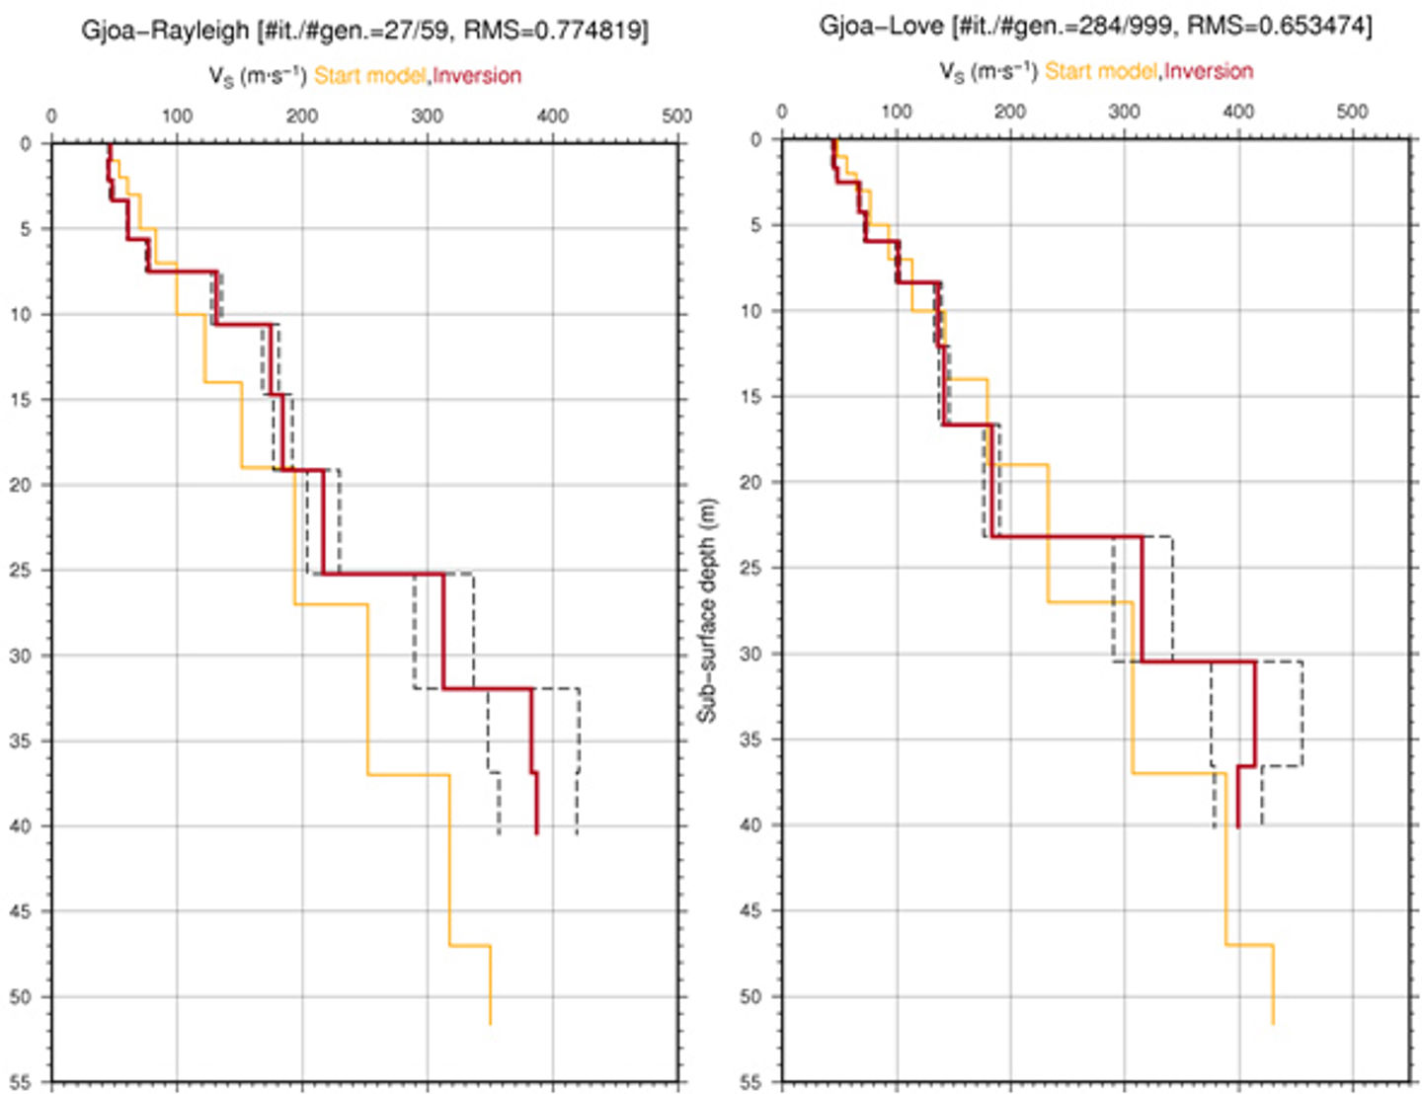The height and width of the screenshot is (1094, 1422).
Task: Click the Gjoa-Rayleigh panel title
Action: (x=363, y=31)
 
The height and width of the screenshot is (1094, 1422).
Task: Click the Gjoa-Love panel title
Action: (x=1094, y=27)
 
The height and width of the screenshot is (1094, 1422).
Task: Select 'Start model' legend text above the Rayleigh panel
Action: (x=370, y=76)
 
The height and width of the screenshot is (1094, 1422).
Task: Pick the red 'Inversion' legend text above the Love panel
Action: (x=1208, y=71)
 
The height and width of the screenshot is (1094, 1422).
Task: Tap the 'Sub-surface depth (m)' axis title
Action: (x=707, y=609)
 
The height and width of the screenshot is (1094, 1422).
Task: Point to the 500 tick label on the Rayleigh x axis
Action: (x=676, y=117)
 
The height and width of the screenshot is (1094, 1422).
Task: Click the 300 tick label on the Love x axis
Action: (x=1124, y=112)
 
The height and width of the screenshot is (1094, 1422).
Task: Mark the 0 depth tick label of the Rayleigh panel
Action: (x=26, y=144)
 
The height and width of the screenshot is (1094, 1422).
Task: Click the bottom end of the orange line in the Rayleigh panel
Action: (x=490, y=1024)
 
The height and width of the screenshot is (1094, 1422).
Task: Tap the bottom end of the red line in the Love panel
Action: (x=1237, y=826)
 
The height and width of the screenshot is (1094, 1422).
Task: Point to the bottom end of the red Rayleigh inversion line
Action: (x=537, y=833)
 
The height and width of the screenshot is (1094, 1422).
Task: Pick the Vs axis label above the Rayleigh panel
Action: (x=257, y=76)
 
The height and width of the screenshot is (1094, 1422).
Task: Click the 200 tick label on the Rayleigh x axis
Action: (x=302, y=117)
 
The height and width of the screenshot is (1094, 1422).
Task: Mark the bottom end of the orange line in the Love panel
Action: (x=1273, y=1024)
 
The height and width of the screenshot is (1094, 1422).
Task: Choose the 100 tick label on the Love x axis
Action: (x=897, y=112)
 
